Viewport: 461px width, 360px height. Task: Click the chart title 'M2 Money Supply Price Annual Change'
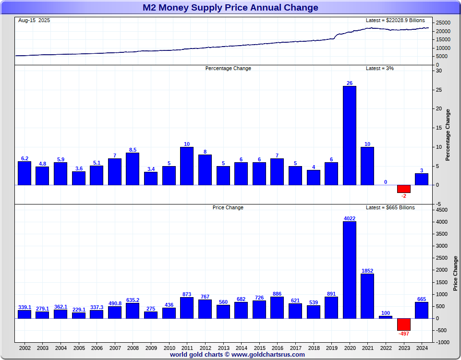click(x=230, y=8)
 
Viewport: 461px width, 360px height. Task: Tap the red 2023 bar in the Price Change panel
click(x=403, y=324)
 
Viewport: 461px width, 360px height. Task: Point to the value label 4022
click(x=350, y=218)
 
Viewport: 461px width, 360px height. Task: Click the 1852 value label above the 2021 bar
click(x=367, y=271)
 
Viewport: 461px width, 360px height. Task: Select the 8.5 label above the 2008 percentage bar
click(x=133, y=150)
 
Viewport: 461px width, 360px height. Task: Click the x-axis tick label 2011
click(x=187, y=348)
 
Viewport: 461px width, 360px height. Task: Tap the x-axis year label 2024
click(x=422, y=348)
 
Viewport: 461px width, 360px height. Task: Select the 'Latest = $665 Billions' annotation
click(x=390, y=207)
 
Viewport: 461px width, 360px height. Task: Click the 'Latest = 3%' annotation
click(x=380, y=68)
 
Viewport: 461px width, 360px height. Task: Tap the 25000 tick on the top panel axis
click(x=443, y=23)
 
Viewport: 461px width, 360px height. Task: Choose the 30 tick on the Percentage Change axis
click(x=439, y=71)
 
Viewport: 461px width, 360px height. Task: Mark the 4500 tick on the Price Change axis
click(x=442, y=210)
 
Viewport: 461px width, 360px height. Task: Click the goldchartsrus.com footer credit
click(x=237, y=355)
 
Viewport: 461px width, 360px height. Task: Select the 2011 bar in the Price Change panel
click(x=187, y=308)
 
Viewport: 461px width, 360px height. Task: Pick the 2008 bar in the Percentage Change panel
click(x=133, y=168)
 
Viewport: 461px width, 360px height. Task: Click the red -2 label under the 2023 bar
click(x=403, y=196)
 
